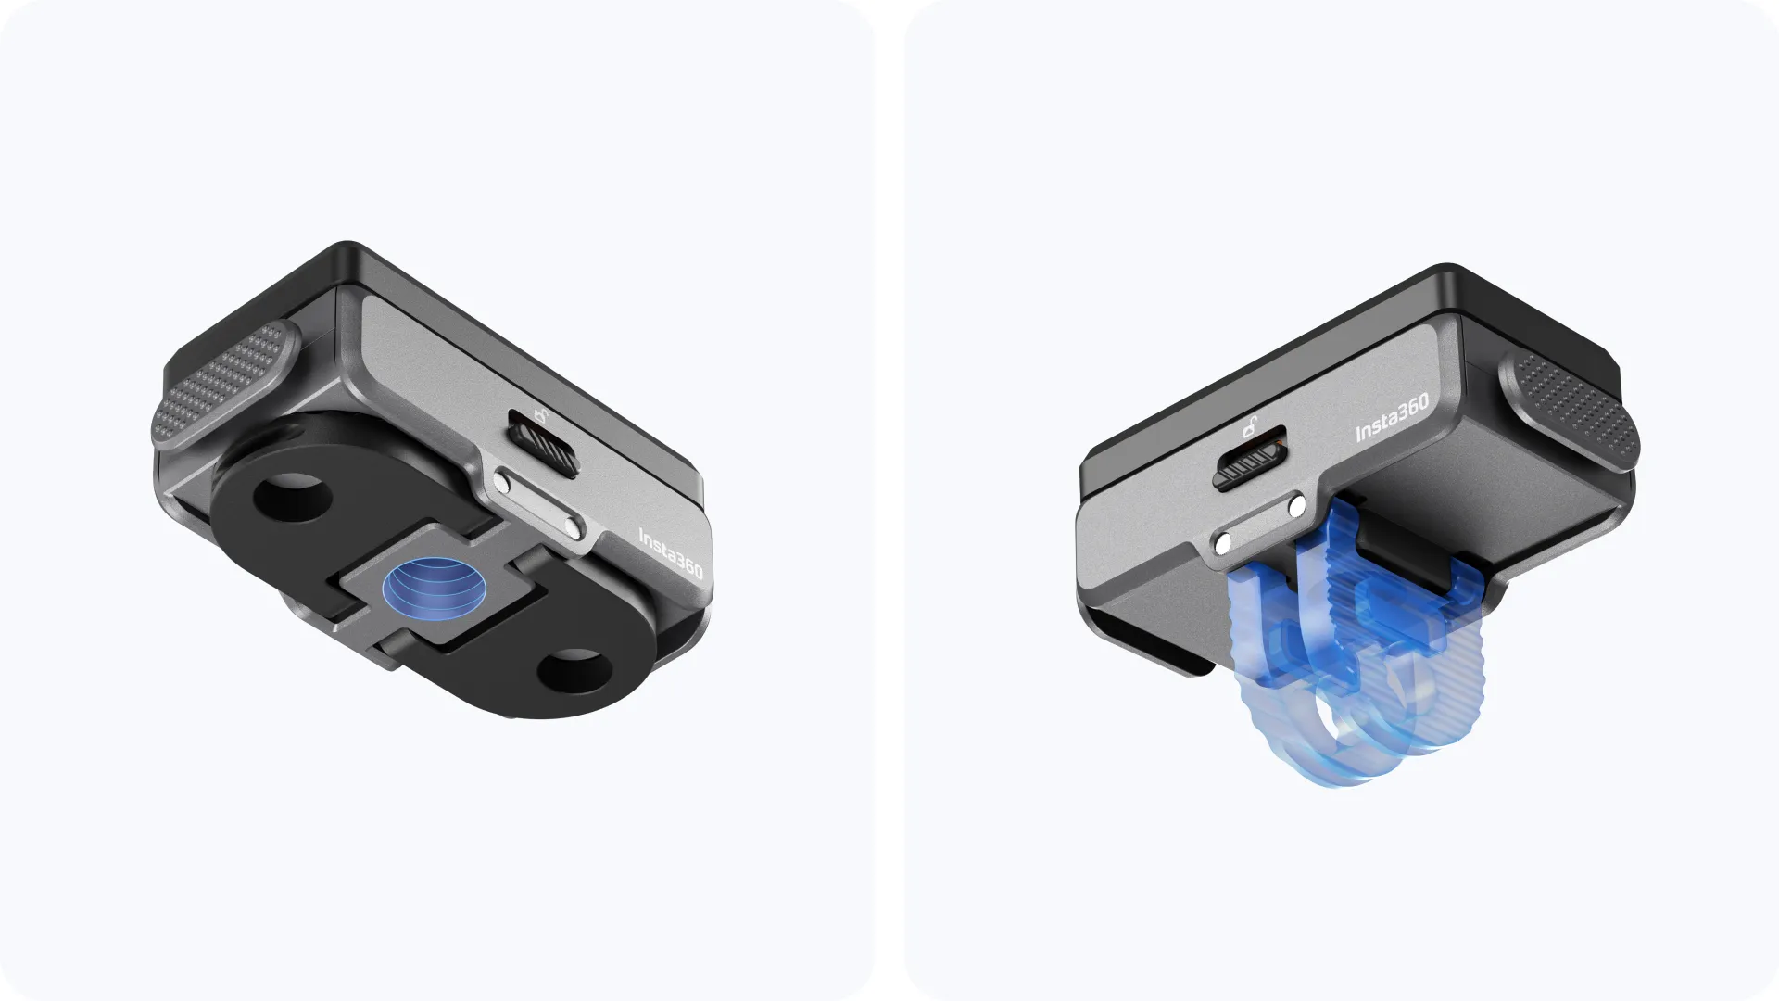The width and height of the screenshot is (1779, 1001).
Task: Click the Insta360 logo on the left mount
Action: pos(671,554)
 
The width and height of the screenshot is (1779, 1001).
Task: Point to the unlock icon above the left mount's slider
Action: pos(539,415)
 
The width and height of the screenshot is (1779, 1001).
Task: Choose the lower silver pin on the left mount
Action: pos(574,531)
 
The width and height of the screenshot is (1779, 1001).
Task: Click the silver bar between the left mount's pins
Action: pos(538,506)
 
